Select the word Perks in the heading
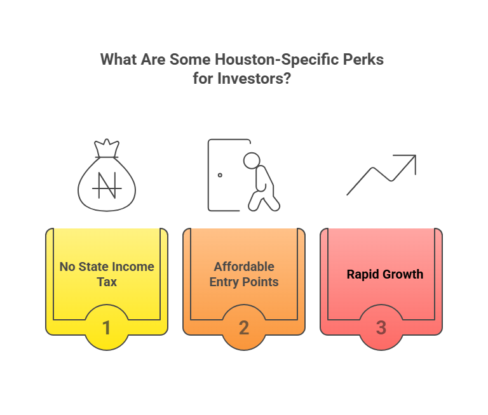366,60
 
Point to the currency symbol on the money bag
106,185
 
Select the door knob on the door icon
220,175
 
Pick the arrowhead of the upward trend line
410,161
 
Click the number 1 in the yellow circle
107,327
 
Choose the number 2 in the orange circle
244,327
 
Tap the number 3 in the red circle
381,327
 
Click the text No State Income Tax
107,274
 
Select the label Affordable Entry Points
244,274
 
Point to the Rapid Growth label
384,275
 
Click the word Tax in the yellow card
107,282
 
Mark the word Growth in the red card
402,275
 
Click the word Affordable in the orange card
244,267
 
